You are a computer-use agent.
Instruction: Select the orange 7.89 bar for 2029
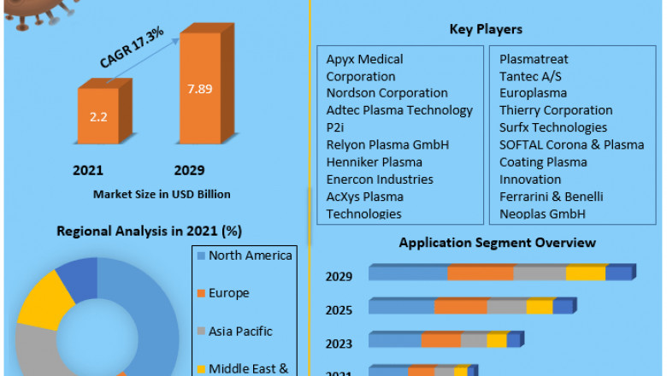[203, 91]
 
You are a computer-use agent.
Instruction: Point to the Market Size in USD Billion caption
[162, 194]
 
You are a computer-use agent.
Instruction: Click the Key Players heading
[486, 30]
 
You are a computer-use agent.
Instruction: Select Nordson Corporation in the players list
[387, 93]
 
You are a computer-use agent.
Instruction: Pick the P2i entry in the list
[335, 127]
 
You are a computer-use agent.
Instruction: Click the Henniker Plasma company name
[374, 162]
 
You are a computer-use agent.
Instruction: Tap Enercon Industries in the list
[380, 179]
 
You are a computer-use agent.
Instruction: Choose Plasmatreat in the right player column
[534, 59]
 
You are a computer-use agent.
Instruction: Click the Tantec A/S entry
[531, 76]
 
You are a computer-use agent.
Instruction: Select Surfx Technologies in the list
[553, 127]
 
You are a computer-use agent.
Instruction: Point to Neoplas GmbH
[543, 214]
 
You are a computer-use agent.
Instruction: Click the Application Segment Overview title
[497, 243]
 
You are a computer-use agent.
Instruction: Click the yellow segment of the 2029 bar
[586, 273]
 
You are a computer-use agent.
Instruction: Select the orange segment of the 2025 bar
[461, 307]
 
